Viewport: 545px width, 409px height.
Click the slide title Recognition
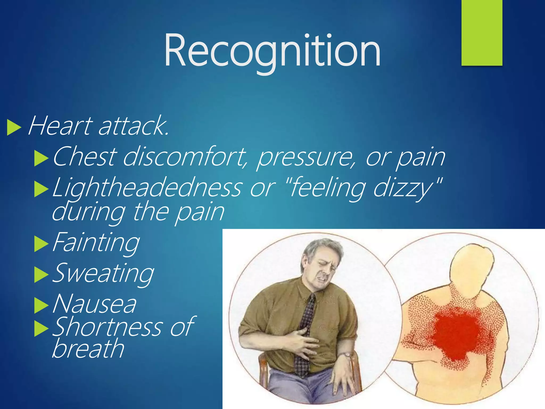(x=272, y=51)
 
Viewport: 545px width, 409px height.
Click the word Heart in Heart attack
(x=60, y=126)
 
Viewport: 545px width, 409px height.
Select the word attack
(x=133, y=126)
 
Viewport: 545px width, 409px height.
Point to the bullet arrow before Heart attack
(x=14, y=128)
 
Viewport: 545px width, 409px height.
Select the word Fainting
(x=96, y=242)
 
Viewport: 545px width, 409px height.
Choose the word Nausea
(x=94, y=304)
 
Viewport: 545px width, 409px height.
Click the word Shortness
(x=106, y=327)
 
